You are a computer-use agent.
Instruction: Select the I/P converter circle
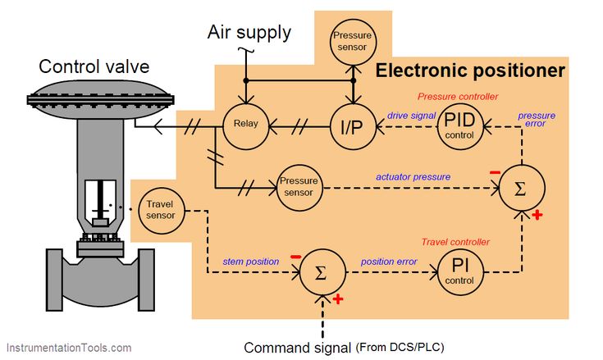(352, 126)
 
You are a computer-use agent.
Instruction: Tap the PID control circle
(459, 126)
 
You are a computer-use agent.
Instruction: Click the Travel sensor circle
(160, 209)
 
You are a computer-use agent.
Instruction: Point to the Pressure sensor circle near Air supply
(352, 42)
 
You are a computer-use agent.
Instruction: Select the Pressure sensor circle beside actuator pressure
(298, 186)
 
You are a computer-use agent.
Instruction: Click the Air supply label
(249, 32)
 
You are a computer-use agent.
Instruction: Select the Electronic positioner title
(470, 71)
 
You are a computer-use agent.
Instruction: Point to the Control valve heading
(91, 66)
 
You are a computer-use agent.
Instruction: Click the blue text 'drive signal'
(411, 116)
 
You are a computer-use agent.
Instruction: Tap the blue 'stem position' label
(251, 262)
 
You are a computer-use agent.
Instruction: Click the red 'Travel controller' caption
(455, 242)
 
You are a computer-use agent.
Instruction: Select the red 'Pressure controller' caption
(457, 96)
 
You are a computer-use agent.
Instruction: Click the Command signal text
(299, 346)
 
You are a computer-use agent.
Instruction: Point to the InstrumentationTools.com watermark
(68, 348)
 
